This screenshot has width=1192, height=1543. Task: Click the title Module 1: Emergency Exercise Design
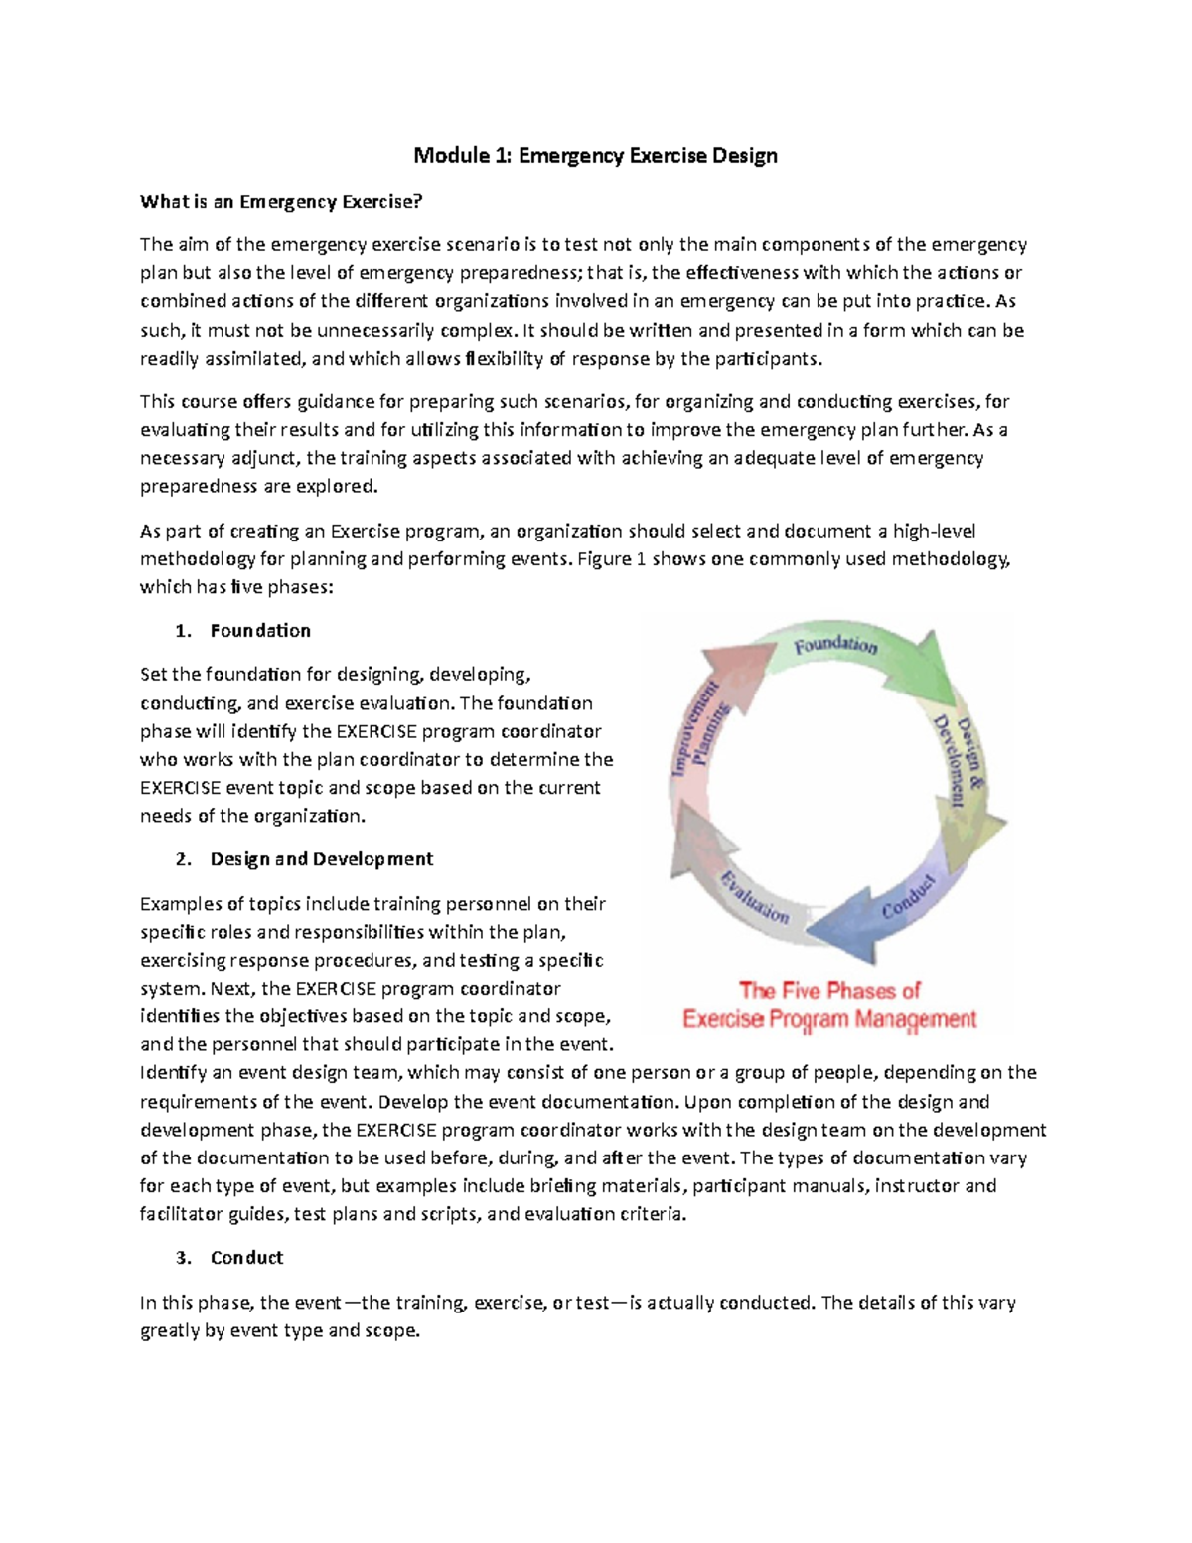(595, 155)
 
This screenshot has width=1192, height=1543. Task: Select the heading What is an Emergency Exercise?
(281, 202)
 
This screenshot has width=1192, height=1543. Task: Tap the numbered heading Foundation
(260, 631)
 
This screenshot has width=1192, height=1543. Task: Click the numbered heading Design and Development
(321, 859)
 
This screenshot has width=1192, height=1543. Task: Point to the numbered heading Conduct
(246, 1258)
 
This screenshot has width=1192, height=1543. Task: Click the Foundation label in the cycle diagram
(834, 646)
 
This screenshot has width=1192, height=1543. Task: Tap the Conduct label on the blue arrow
(908, 896)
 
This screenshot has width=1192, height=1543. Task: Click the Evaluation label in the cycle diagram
(755, 896)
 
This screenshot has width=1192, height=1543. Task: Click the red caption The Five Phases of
(829, 991)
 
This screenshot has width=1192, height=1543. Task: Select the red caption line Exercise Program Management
(829, 1019)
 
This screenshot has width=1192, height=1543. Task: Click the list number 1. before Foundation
(182, 631)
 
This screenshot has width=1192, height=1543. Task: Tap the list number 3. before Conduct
(182, 1258)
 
